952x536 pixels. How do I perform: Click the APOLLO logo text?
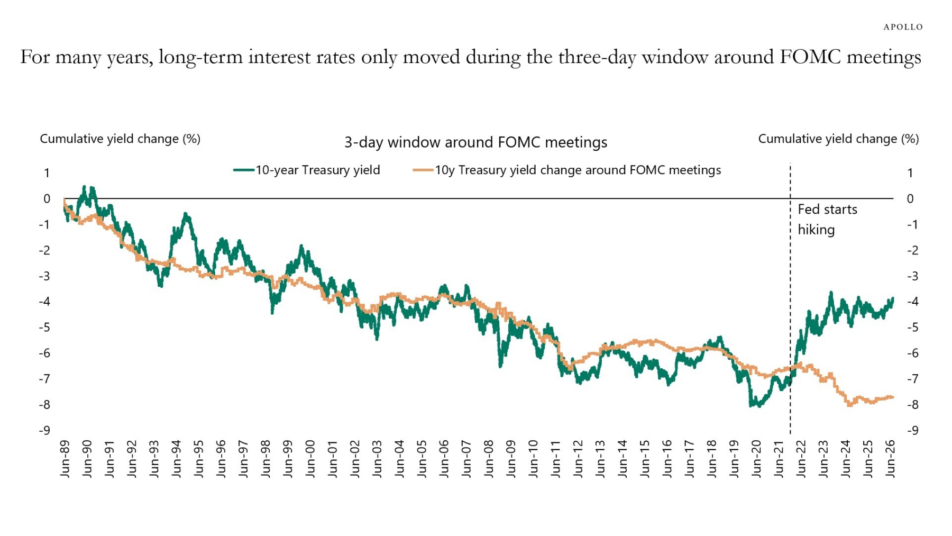tap(903, 27)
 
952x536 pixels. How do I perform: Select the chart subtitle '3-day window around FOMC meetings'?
tap(475, 142)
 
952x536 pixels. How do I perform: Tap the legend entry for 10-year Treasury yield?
tap(307, 170)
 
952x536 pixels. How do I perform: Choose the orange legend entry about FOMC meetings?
tap(566, 170)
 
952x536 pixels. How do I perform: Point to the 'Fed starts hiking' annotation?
tap(827, 220)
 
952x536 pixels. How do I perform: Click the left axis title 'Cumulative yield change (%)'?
tap(120, 139)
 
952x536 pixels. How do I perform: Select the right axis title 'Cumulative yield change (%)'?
tap(838, 139)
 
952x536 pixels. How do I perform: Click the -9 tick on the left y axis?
tap(44, 431)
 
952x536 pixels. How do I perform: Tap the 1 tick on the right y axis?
tap(910, 173)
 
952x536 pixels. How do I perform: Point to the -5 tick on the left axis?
tap(44, 328)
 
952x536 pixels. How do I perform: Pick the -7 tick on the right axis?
tap(912, 379)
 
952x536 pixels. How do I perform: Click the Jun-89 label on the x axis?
tap(65, 459)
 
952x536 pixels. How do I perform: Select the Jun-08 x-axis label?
tap(488, 459)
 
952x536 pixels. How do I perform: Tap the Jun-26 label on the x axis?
tap(890, 459)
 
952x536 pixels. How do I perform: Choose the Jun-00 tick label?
tap(310, 459)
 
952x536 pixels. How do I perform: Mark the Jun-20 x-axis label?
tap(756, 459)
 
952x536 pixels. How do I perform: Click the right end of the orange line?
tap(893, 397)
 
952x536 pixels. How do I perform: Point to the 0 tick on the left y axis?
tap(47, 199)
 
